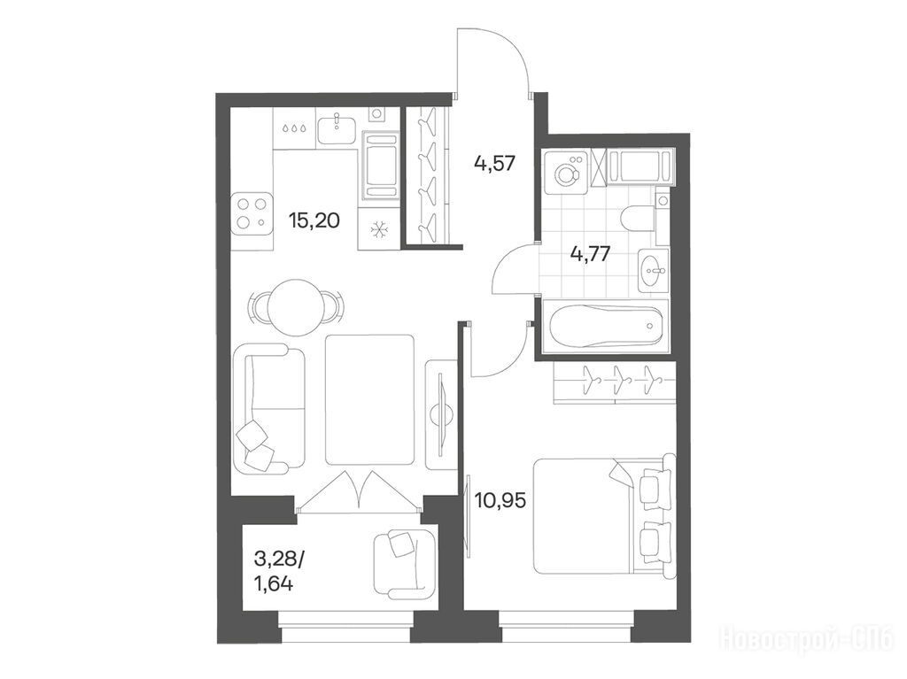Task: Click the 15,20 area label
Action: pos(314,220)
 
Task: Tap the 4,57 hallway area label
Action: pos(494,164)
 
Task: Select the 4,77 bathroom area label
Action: pos(590,253)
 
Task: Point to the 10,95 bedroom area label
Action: pos(500,500)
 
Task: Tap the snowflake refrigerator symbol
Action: pos(378,230)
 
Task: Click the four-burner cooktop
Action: pos(252,214)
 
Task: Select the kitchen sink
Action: pos(336,128)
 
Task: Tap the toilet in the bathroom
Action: pos(643,217)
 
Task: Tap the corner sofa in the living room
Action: pos(268,409)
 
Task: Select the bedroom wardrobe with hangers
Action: pos(615,382)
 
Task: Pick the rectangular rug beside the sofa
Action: pos(370,399)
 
